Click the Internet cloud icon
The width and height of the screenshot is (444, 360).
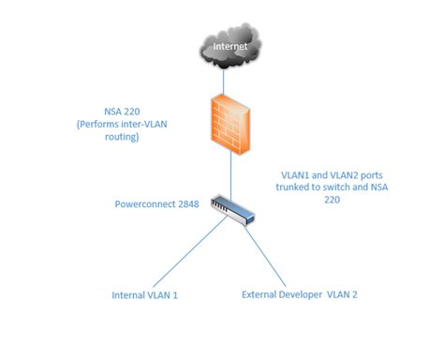229,46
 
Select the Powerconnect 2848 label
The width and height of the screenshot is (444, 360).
155,202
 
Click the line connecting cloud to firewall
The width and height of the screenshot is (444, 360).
229,81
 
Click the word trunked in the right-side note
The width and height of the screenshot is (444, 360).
302,186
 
